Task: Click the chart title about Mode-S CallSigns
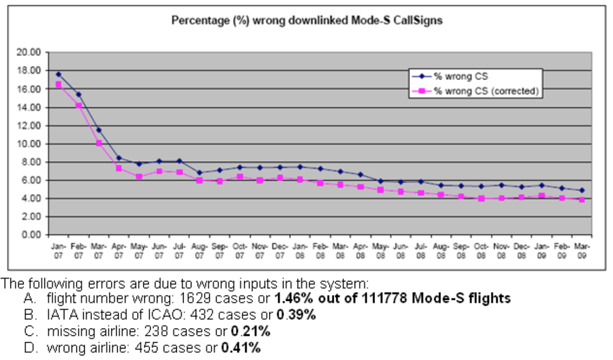click(308, 21)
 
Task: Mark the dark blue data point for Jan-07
click(58, 74)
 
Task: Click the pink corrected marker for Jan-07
click(58, 84)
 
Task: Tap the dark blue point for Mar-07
click(98, 130)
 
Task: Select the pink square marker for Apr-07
click(119, 168)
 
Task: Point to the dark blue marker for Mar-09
click(582, 190)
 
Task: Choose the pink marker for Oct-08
click(481, 198)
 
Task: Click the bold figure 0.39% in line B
click(296, 316)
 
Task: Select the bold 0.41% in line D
click(241, 347)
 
